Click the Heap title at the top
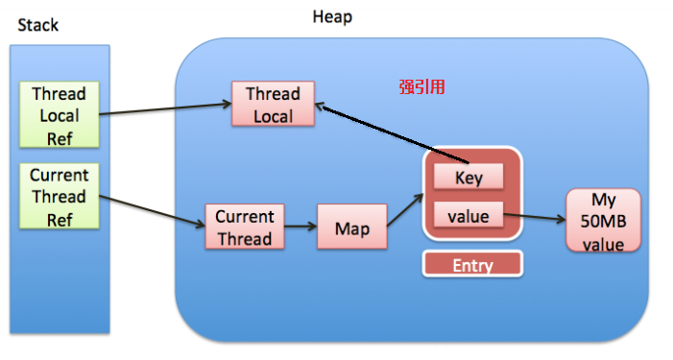click(x=332, y=17)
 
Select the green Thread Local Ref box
click(x=59, y=115)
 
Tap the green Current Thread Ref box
click(x=59, y=196)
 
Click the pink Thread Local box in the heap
click(x=273, y=105)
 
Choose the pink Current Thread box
click(x=244, y=228)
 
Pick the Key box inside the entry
click(x=469, y=178)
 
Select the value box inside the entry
click(x=469, y=216)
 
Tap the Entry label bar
click(x=471, y=265)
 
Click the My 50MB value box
click(x=601, y=222)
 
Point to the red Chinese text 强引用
click(x=421, y=86)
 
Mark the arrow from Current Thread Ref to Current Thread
click(x=154, y=212)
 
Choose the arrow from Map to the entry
click(x=402, y=211)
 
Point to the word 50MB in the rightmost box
click(x=601, y=222)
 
